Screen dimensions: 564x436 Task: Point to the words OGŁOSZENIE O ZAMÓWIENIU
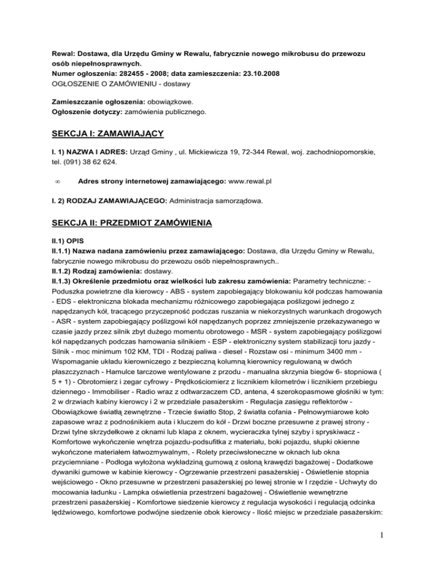pyautogui.click(x=109, y=84)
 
